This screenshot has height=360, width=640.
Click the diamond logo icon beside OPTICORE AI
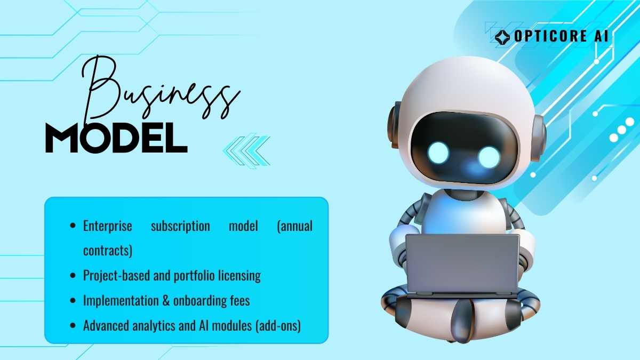point(502,37)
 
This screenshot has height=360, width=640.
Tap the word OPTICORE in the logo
point(549,36)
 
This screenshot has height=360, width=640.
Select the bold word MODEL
point(117,138)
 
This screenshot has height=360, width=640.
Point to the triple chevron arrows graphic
point(247,151)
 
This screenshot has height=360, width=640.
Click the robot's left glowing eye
point(438,153)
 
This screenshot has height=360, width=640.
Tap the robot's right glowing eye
point(489,157)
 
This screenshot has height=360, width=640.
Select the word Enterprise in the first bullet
point(108,226)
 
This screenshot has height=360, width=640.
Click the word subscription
point(180,226)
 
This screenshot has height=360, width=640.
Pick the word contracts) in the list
point(108,251)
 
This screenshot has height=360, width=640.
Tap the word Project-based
point(117,276)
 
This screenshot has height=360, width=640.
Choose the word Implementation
point(121,301)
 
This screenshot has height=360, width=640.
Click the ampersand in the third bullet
point(166,301)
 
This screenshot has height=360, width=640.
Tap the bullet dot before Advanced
point(73,325)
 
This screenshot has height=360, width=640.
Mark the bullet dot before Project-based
point(73,276)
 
